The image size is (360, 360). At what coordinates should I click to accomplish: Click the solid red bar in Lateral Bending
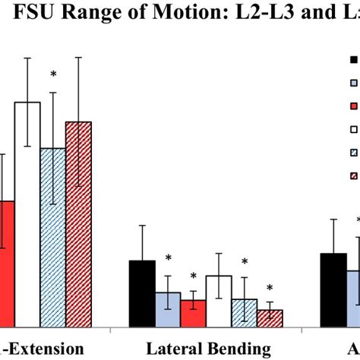tap(193, 314)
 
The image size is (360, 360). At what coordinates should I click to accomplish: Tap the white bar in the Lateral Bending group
tap(219, 302)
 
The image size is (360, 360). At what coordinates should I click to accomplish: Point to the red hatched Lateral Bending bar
tap(270, 319)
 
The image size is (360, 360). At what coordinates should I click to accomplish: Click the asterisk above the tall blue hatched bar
tap(53, 74)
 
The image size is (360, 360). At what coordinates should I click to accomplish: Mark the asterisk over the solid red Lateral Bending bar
tap(193, 277)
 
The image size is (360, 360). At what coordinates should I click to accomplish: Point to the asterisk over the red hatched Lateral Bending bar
tap(270, 289)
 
